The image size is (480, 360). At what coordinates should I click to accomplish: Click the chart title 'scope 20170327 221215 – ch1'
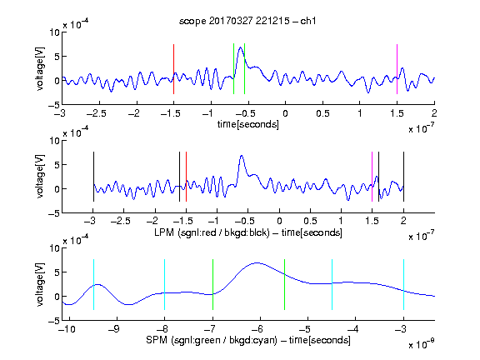pyautogui.click(x=247, y=21)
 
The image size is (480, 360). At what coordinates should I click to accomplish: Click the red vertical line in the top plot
pyautogui.click(x=173, y=69)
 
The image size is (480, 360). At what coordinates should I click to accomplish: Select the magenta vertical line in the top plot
pyautogui.click(x=397, y=69)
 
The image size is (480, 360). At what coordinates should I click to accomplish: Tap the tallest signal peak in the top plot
pyautogui.click(x=241, y=47)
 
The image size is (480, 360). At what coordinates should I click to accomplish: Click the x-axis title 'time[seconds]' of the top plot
pyautogui.click(x=248, y=124)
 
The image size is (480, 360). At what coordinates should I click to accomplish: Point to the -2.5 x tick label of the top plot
pyautogui.click(x=96, y=114)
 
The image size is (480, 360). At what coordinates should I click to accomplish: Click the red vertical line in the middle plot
pyautogui.click(x=186, y=177)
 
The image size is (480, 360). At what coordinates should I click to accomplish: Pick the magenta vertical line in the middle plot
pyautogui.click(x=372, y=177)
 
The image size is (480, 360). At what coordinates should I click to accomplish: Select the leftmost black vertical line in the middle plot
pyautogui.click(x=93, y=177)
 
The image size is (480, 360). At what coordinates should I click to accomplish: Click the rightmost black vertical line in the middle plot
pyautogui.click(x=403, y=177)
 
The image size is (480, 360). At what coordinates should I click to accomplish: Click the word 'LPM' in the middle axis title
pyautogui.click(x=164, y=232)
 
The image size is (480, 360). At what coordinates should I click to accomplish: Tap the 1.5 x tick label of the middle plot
pyautogui.click(x=372, y=221)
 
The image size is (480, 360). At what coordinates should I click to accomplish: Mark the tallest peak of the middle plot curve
pyautogui.click(x=242, y=156)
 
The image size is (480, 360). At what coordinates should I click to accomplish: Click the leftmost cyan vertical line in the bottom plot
pyautogui.click(x=93, y=284)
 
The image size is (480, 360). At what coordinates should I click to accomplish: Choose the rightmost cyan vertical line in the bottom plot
pyautogui.click(x=403, y=284)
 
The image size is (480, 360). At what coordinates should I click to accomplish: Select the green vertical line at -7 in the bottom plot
pyautogui.click(x=212, y=284)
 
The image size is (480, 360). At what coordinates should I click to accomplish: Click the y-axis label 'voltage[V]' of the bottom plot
pyautogui.click(x=40, y=284)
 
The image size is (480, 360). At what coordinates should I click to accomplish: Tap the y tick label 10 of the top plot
pyautogui.click(x=54, y=32)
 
